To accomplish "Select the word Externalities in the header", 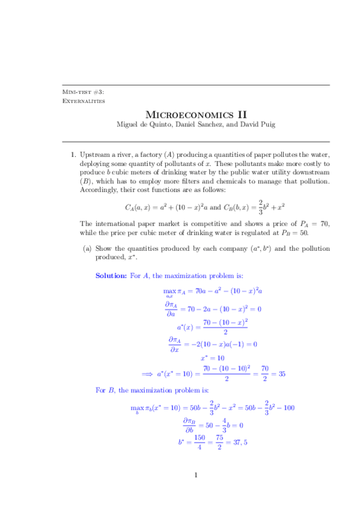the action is coord(84,101).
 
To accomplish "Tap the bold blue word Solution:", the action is coord(111,275).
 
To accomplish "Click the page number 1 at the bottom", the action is coord(196,476).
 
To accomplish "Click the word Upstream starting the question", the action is coord(95,155).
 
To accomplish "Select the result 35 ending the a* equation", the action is coord(281,373).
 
